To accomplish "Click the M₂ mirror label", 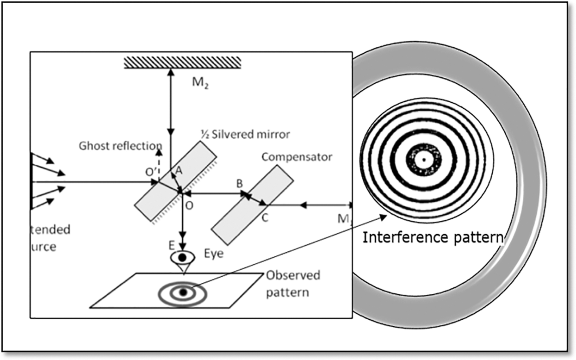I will tap(200, 83).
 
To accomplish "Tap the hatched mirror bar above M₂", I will tap(182, 62).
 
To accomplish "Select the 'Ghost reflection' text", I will tap(120, 146).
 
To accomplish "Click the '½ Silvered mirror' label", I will tap(245, 134).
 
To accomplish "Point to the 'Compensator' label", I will tap(297, 157).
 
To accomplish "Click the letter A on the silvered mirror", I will tap(179, 170).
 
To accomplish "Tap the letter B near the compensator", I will tap(240, 183).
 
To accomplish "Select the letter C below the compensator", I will tap(265, 218).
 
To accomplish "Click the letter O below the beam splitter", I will tap(189, 205).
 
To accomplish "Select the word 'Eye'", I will tap(213, 253).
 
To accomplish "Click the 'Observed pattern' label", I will tap(292, 284).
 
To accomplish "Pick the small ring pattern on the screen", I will tap(183, 292).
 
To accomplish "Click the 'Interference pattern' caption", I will tap(433, 237).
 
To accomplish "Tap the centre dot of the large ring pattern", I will tap(423, 160).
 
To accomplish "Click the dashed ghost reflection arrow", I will tap(159, 164).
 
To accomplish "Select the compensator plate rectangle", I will tap(252, 205).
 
